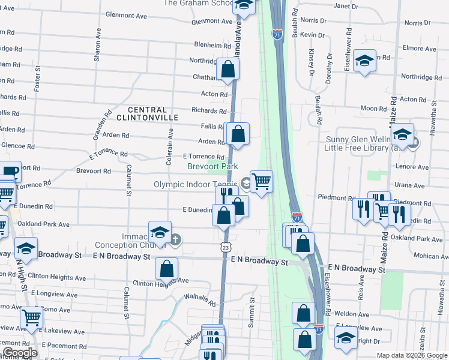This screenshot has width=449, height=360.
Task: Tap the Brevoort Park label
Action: (212, 166)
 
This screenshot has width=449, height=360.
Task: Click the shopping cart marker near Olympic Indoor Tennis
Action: (261, 181)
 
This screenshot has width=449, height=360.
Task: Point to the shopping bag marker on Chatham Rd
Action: (228, 69)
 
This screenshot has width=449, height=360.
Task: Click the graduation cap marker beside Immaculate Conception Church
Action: (160, 233)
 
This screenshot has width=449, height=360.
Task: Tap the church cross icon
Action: (175, 241)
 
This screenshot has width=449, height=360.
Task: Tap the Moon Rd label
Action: (373, 109)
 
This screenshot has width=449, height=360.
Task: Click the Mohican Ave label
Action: (431, 256)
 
